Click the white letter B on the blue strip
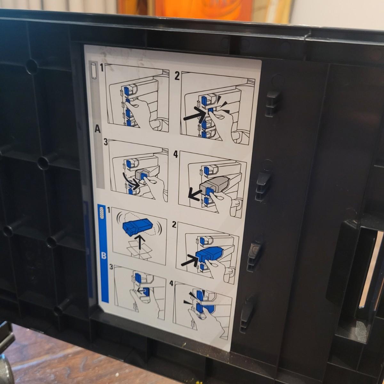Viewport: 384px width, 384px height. pyautogui.click(x=104, y=255)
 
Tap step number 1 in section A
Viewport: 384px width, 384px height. pyautogui.click(x=102, y=68)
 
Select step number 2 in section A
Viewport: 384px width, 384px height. pyautogui.click(x=177, y=76)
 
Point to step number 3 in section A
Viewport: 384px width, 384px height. pyautogui.click(x=106, y=142)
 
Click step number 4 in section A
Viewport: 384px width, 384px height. pyautogui.click(x=175, y=155)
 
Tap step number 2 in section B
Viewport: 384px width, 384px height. pyautogui.click(x=174, y=225)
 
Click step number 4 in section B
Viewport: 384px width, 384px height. pyautogui.click(x=171, y=283)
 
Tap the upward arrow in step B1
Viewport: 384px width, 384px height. pyautogui.click(x=141, y=242)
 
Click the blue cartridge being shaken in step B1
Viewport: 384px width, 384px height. pyautogui.click(x=138, y=228)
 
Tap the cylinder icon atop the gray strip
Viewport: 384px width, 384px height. pyautogui.click(x=93, y=71)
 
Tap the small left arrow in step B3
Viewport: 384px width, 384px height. pyautogui.click(x=141, y=292)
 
